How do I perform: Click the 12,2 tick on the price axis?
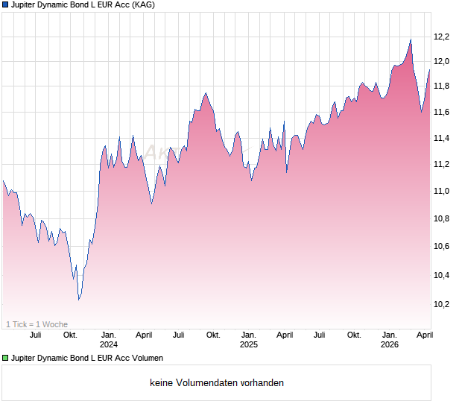pos(442,37)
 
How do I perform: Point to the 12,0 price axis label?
pos(442,61)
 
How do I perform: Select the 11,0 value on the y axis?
pos(442,191)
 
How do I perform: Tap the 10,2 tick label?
pos(442,304)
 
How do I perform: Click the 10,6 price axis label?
pos(442,246)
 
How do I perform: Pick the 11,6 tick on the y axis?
pos(442,112)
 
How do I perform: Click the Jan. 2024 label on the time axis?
pos(109,339)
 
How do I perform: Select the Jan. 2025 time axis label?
pos(249,339)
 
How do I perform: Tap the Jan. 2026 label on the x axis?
pos(390,339)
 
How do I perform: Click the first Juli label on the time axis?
pos(35,335)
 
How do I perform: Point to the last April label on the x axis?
pos(424,335)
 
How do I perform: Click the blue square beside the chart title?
pos(5,5)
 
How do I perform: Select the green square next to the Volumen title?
pos(5,359)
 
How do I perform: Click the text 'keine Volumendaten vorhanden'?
pos(217,383)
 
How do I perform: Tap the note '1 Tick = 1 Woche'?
pos(37,324)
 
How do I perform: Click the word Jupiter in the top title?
pos(26,5)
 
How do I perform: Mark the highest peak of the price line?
pos(411,40)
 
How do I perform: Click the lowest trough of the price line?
pos(79,300)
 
